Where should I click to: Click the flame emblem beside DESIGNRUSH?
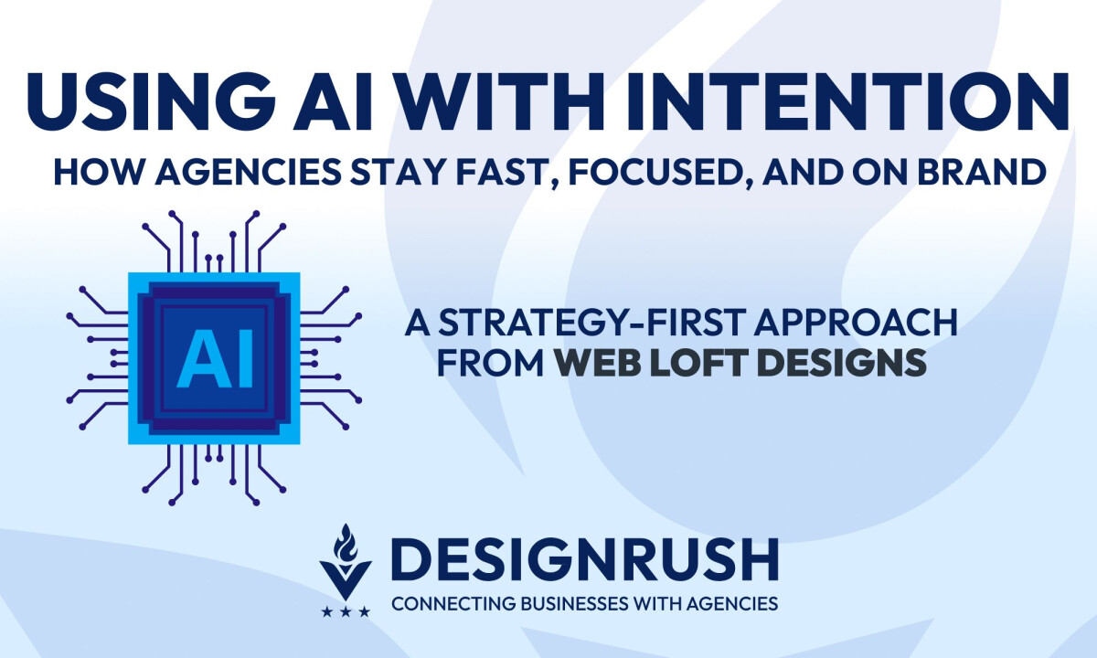[346, 557]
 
